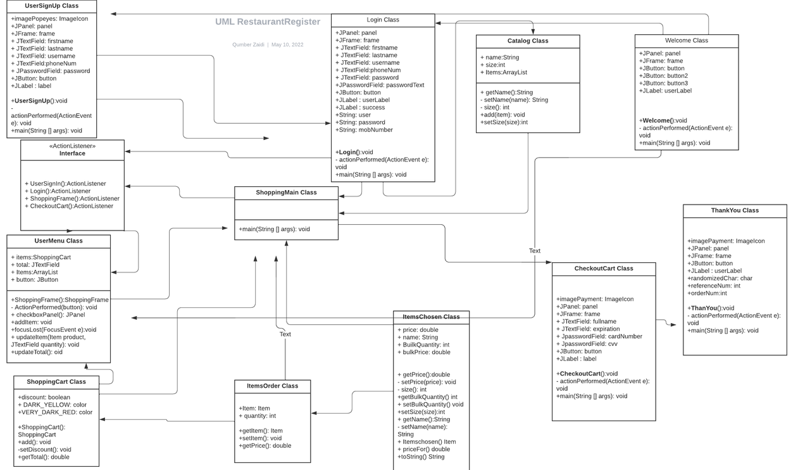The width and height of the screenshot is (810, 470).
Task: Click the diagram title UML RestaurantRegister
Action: (x=268, y=22)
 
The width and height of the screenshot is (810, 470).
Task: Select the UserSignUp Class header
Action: (x=52, y=6)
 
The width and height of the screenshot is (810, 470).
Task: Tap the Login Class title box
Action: (x=383, y=20)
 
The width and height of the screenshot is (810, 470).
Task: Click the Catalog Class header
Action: (x=528, y=41)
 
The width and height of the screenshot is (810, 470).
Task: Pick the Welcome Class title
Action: (x=687, y=41)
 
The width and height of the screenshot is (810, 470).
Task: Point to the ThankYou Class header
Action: (x=735, y=210)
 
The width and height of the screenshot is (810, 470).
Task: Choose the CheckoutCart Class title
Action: (x=604, y=269)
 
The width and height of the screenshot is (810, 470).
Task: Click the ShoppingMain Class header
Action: (x=287, y=193)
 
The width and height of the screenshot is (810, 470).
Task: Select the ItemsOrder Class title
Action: (x=273, y=386)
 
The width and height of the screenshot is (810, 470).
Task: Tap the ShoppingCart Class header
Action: (x=56, y=382)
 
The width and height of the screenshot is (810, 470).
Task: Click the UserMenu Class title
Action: (x=59, y=241)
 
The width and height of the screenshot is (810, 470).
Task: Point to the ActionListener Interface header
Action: (x=72, y=149)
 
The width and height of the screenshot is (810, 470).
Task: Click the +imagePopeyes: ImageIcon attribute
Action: (x=49, y=18)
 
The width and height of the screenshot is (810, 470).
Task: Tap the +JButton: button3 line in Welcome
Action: (x=664, y=83)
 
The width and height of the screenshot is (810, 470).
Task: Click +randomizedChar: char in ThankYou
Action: (x=720, y=278)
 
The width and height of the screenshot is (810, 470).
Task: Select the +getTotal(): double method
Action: (x=44, y=457)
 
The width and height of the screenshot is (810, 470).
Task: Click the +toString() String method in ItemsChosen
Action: (x=421, y=457)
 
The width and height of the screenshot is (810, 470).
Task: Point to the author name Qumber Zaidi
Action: (x=248, y=44)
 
